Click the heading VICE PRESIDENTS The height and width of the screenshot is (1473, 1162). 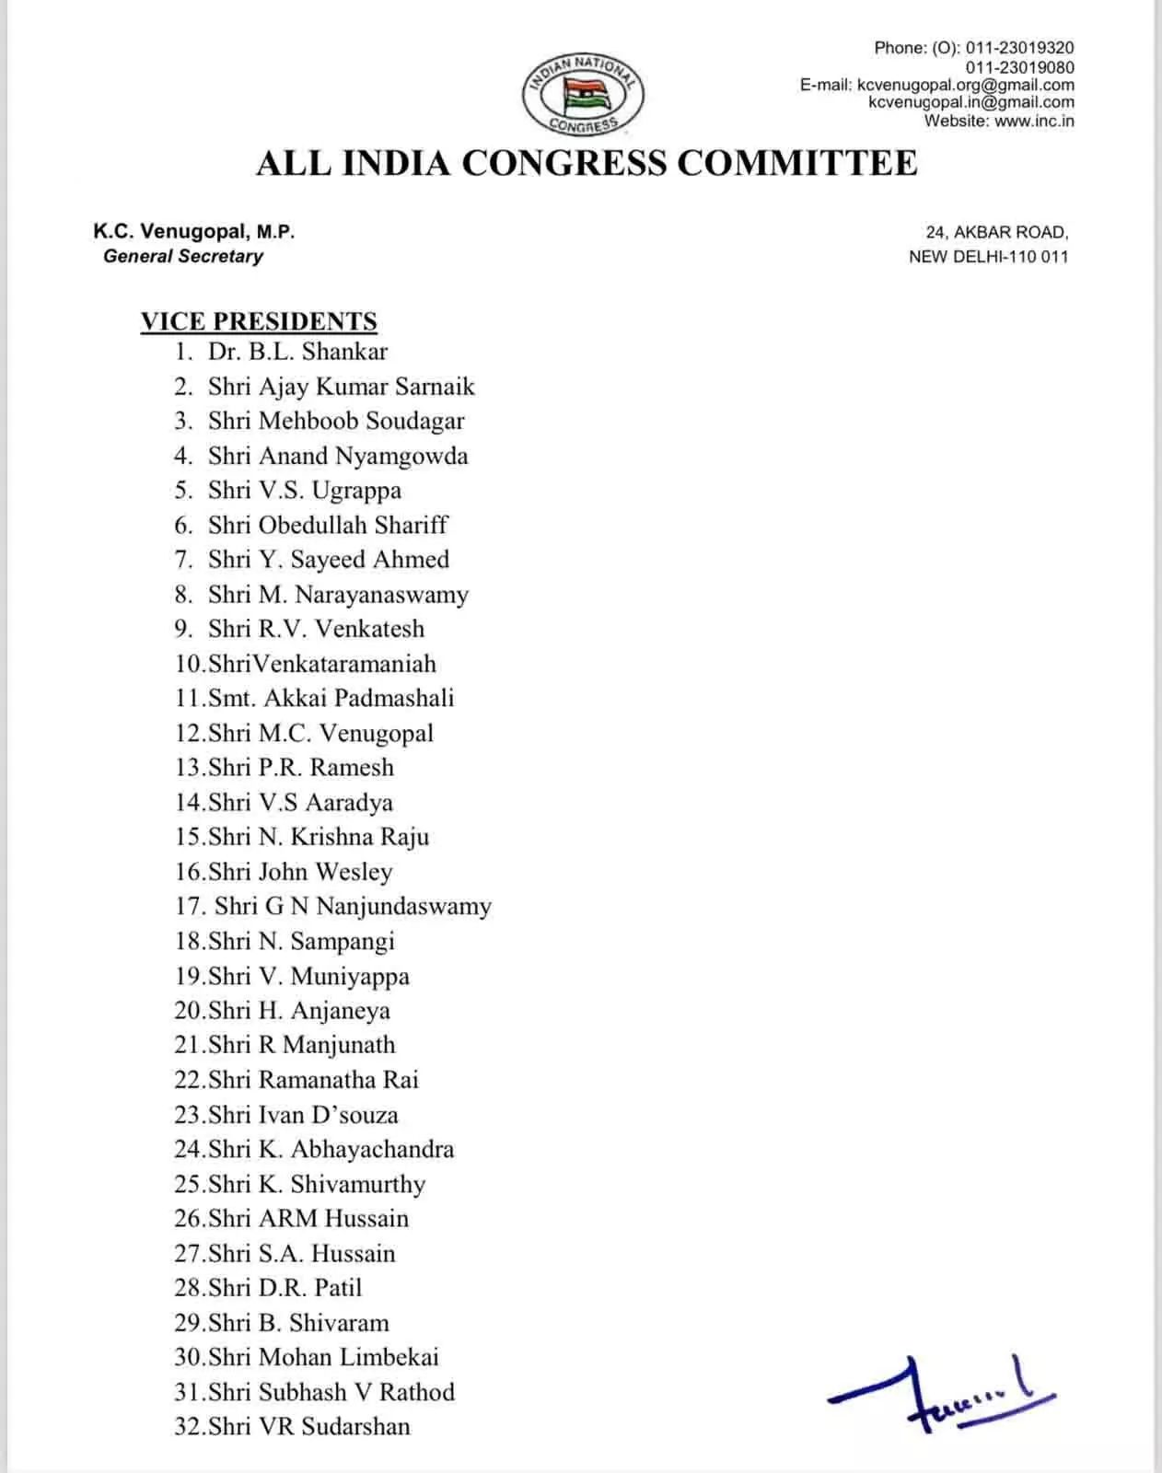(x=259, y=321)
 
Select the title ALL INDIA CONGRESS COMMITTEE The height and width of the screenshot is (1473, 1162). (x=587, y=163)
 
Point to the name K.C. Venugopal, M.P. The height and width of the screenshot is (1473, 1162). (x=194, y=232)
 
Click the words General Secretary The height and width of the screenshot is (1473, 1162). (x=183, y=256)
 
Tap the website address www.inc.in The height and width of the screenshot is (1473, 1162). (x=1034, y=121)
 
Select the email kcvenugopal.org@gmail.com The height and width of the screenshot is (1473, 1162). (x=965, y=85)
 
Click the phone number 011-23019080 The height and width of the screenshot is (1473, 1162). (x=1019, y=67)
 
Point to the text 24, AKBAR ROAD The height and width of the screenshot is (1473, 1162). (x=997, y=233)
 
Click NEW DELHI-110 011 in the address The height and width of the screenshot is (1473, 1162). (x=988, y=257)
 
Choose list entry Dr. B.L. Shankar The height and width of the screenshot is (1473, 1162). (x=297, y=352)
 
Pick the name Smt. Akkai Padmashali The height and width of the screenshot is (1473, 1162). (x=331, y=698)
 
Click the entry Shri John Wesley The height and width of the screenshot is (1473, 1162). (x=300, y=871)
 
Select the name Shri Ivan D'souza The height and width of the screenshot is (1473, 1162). (x=303, y=1115)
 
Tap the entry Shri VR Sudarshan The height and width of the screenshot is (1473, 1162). (x=308, y=1426)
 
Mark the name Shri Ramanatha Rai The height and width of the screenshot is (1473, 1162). (x=313, y=1080)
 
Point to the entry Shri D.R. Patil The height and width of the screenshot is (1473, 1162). (x=285, y=1287)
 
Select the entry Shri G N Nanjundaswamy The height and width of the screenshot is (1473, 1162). (x=353, y=906)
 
